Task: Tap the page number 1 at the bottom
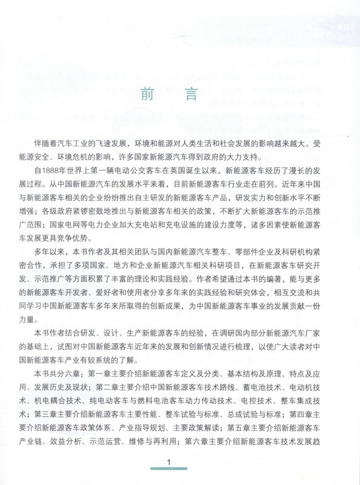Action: [170, 463]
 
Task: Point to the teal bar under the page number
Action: [170, 470]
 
